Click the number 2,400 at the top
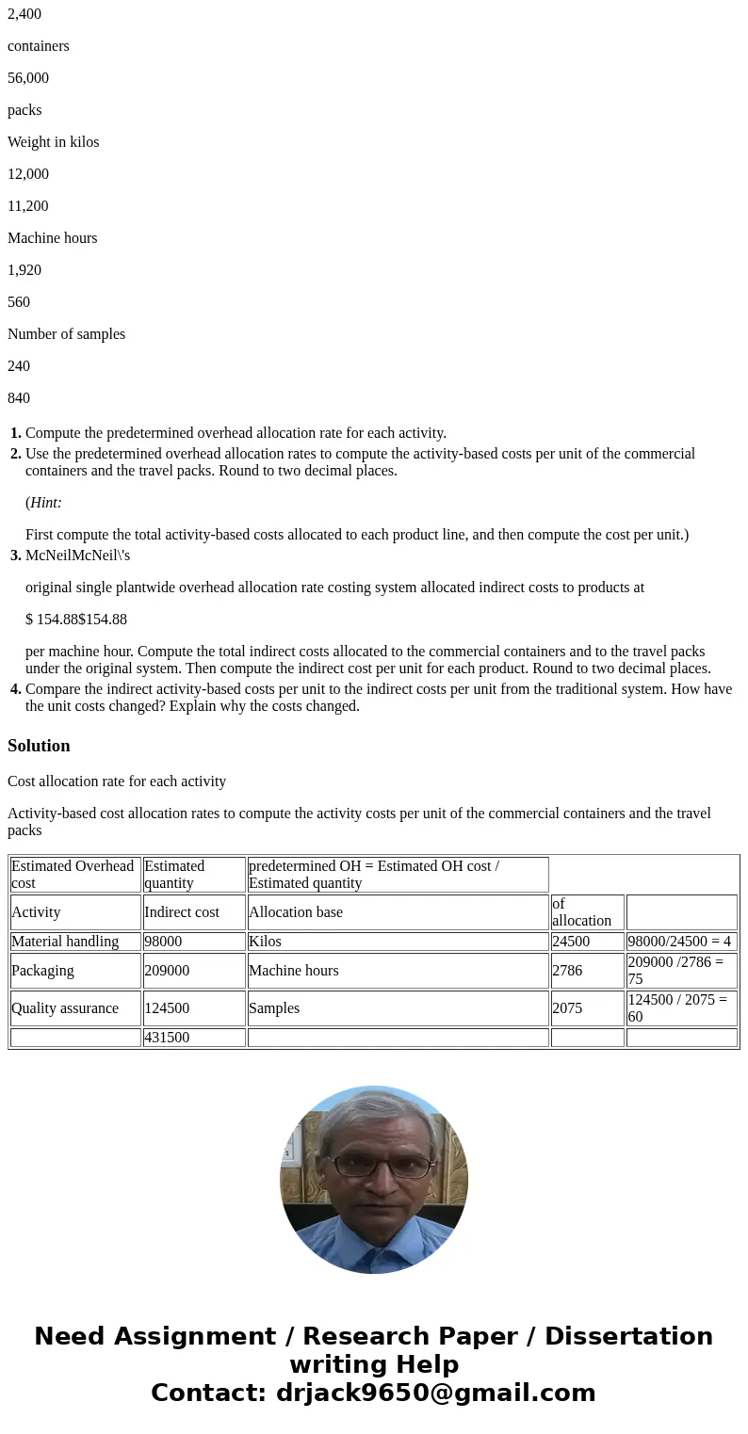click(24, 14)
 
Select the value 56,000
click(28, 78)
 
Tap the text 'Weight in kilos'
click(53, 142)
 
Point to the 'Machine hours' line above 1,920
click(52, 238)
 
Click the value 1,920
click(24, 270)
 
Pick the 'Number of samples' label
click(66, 334)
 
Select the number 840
click(19, 398)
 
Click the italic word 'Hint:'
click(45, 503)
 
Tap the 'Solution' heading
click(39, 746)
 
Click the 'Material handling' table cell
click(65, 942)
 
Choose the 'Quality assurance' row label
click(65, 1008)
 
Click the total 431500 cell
click(167, 1038)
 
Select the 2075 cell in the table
click(567, 1008)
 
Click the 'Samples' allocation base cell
click(274, 1008)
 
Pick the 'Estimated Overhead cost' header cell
click(73, 875)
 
